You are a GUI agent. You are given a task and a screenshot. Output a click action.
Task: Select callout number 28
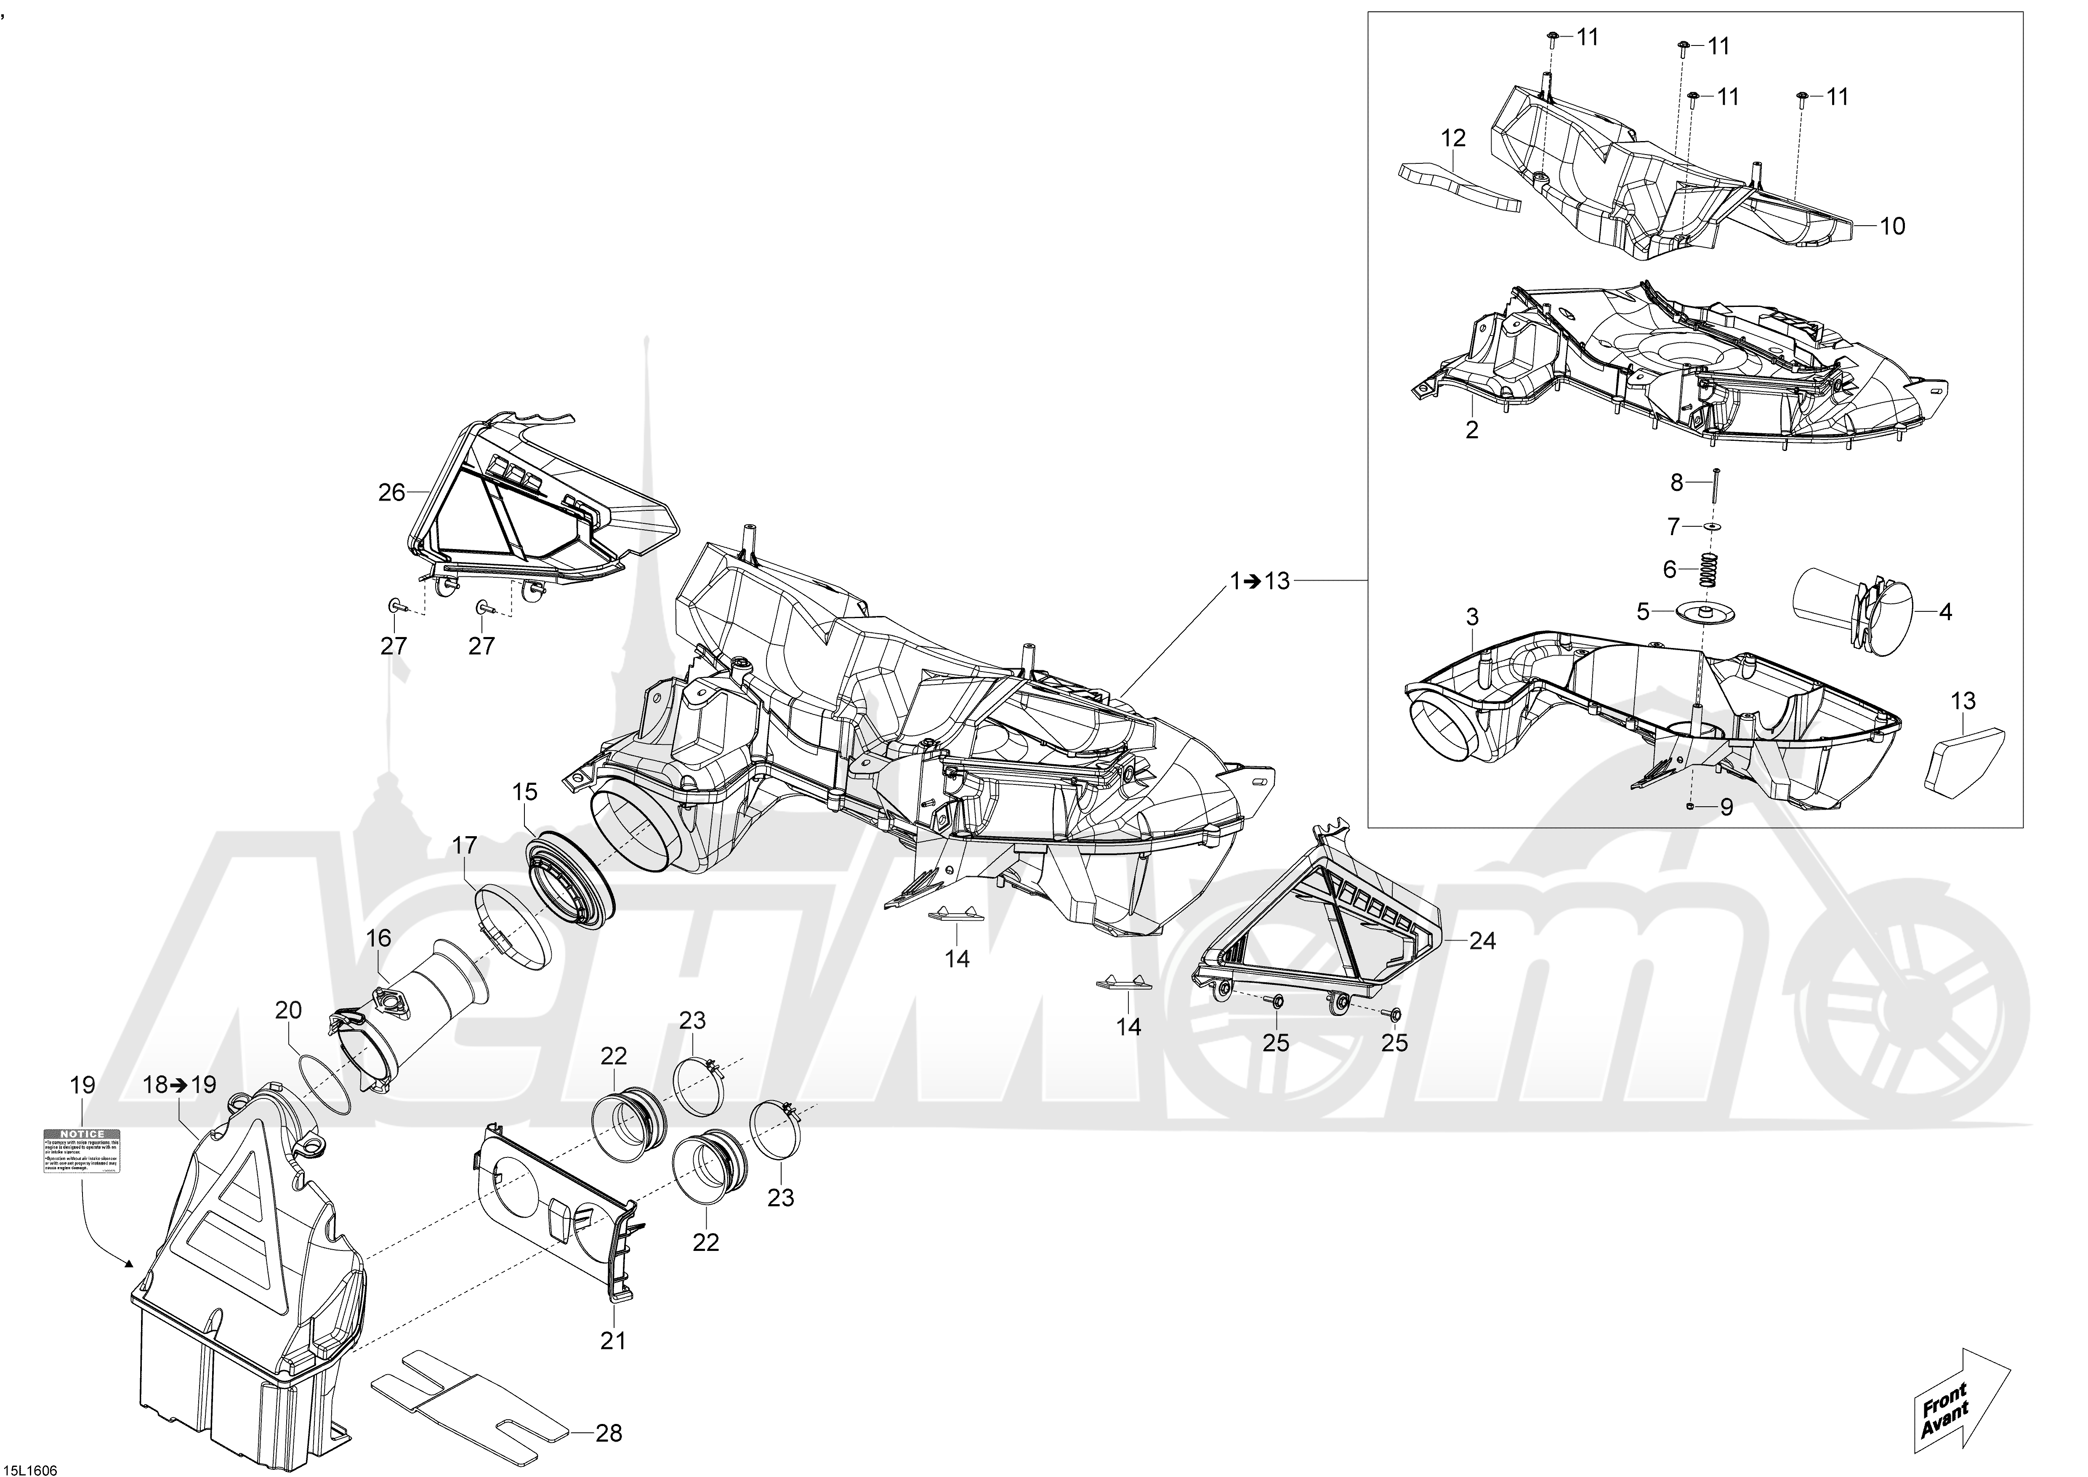pos(609,1433)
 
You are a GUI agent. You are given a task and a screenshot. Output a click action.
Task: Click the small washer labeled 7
pos(1713,528)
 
